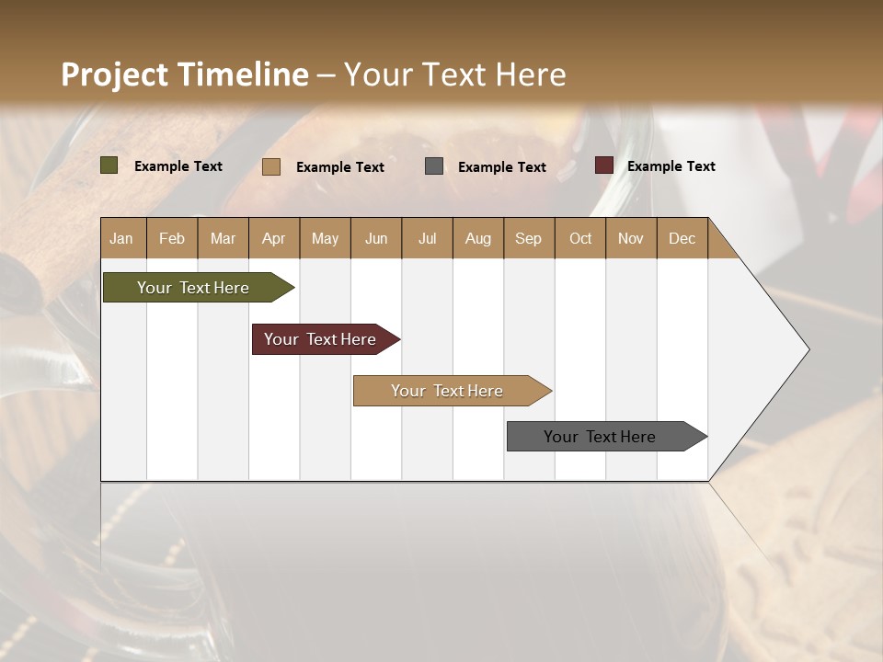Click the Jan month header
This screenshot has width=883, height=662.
click(x=121, y=238)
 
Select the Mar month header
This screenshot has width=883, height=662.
click(x=223, y=238)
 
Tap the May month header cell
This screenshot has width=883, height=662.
click(x=325, y=238)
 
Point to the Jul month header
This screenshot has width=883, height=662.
click(x=427, y=238)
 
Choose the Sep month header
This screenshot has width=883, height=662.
click(x=528, y=238)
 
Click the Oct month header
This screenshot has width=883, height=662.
click(x=580, y=238)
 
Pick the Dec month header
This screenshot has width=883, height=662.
click(x=682, y=238)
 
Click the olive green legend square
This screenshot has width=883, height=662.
click(x=109, y=165)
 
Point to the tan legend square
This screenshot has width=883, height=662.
click(x=271, y=166)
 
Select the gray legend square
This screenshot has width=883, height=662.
click(x=434, y=166)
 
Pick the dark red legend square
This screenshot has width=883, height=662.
click(x=604, y=165)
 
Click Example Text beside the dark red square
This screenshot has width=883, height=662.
click(x=671, y=166)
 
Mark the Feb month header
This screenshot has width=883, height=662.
click(x=172, y=238)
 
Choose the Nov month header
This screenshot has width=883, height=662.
click(x=631, y=238)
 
